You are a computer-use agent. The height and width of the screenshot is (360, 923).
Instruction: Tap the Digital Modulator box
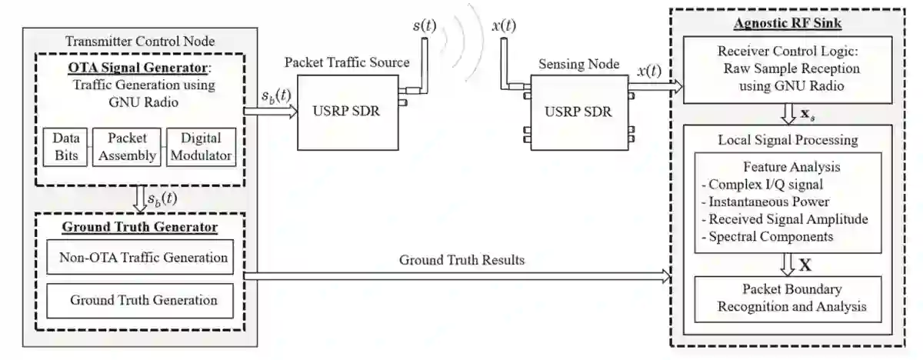(x=199, y=146)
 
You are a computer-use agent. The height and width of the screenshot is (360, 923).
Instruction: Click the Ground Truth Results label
(x=461, y=260)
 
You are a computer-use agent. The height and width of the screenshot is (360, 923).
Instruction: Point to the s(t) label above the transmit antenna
(x=424, y=25)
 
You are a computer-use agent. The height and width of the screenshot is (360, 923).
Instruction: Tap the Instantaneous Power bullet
(x=765, y=202)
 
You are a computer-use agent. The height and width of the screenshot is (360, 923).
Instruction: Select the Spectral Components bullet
(x=768, y=237)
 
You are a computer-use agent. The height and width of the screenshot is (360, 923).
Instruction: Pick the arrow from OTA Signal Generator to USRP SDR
(x=270, y=112)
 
